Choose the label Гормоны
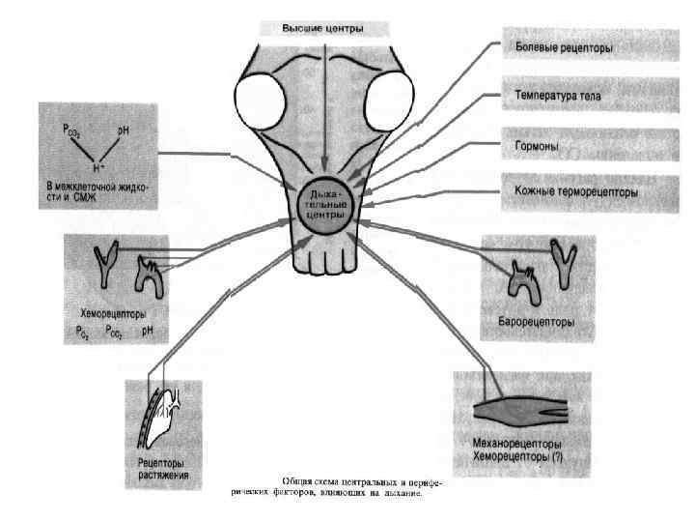537,146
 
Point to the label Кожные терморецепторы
575,191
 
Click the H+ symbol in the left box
94,165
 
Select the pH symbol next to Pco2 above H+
123,129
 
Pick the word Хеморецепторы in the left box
108,313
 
